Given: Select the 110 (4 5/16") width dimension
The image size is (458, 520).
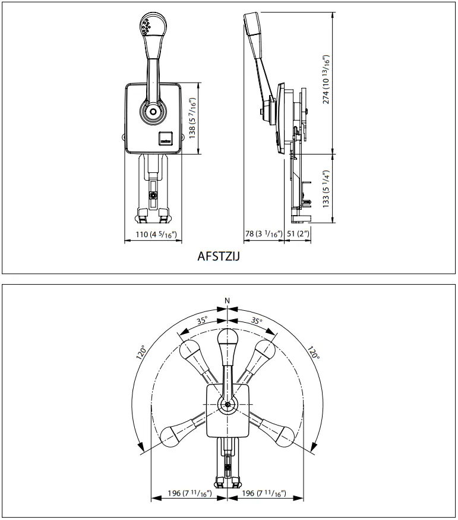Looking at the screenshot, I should point(157,234).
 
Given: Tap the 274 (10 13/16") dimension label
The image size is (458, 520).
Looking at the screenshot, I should point(325,80).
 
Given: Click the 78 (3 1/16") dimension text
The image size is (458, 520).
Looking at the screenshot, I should point(263,234).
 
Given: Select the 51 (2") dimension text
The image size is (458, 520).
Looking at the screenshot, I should point(298,234).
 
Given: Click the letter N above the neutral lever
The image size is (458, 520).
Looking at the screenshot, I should point(228,301).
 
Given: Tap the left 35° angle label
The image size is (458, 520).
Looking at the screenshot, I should point(202,321).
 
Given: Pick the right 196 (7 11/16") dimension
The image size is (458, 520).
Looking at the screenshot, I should point(265,494).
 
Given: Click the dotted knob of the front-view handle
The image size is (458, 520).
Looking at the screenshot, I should point(146,25).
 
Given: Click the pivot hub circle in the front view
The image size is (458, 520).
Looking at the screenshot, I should point(154,111).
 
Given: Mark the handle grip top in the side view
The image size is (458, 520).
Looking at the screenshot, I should point(249,24).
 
